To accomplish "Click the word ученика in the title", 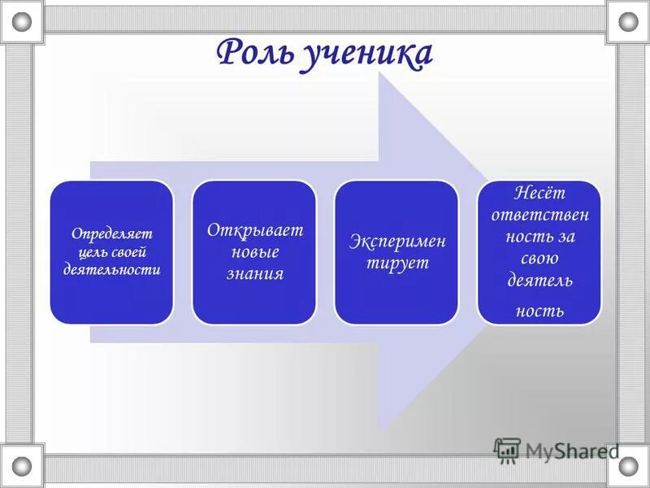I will coord(369,53).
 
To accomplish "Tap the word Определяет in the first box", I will coord(111,233).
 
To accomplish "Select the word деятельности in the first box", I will coord(111,269).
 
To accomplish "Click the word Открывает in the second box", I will coord(254,230).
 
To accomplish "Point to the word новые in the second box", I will coord(254,252).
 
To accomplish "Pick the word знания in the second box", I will coord(254,274).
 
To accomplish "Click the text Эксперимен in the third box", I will coord(397,242).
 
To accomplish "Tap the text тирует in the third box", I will coord(397,264).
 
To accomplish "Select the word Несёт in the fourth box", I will coord(539,194).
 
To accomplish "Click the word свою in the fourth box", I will coord(539,259).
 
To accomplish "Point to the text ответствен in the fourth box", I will coord(539,216).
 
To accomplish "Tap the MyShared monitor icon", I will coord(507,451).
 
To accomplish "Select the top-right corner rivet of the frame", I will coord(628,21).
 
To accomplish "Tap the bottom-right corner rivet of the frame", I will coord(628,466).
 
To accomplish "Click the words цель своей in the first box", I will coord(111,251).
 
